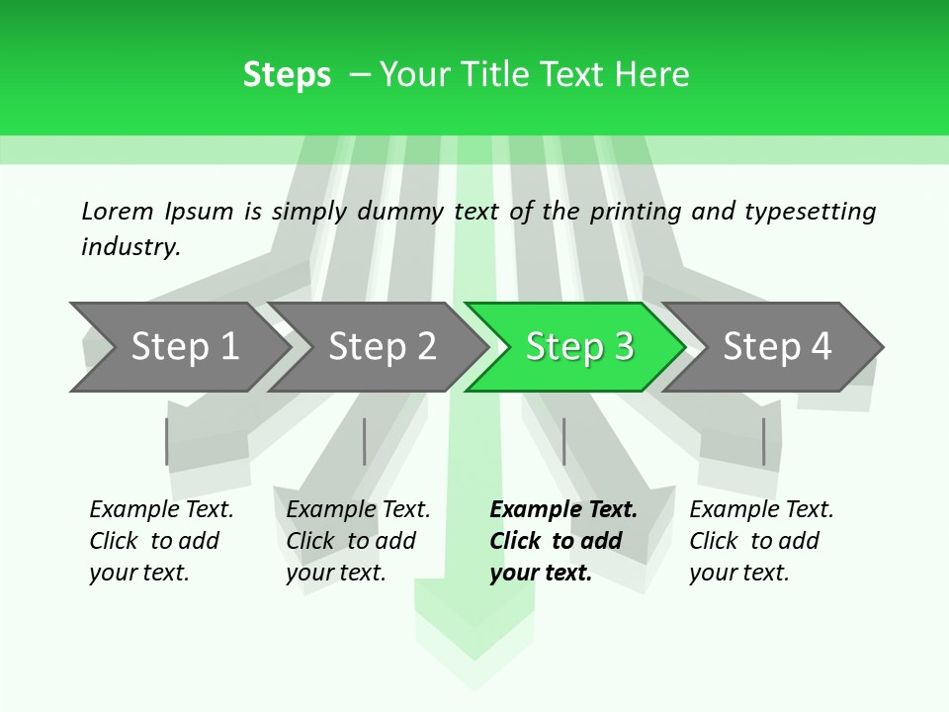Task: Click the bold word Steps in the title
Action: tap(287, 75)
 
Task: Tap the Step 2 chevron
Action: tap(381, 347)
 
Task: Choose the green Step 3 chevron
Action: tap(578, 347)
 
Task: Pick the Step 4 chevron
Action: tap(776, 347)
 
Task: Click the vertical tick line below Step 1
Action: tap(167, 441)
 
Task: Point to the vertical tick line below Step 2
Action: tap(365, 441)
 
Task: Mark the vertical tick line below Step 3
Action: tap(563, 441)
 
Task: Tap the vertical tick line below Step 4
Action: tap(763, 441)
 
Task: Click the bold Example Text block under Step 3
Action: tap(563, 541)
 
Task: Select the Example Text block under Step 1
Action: tap(161, 541)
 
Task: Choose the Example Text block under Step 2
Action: tap(358, 541)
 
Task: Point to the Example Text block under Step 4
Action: tap(761, 541)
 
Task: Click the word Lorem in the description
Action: tap(118, 211)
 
